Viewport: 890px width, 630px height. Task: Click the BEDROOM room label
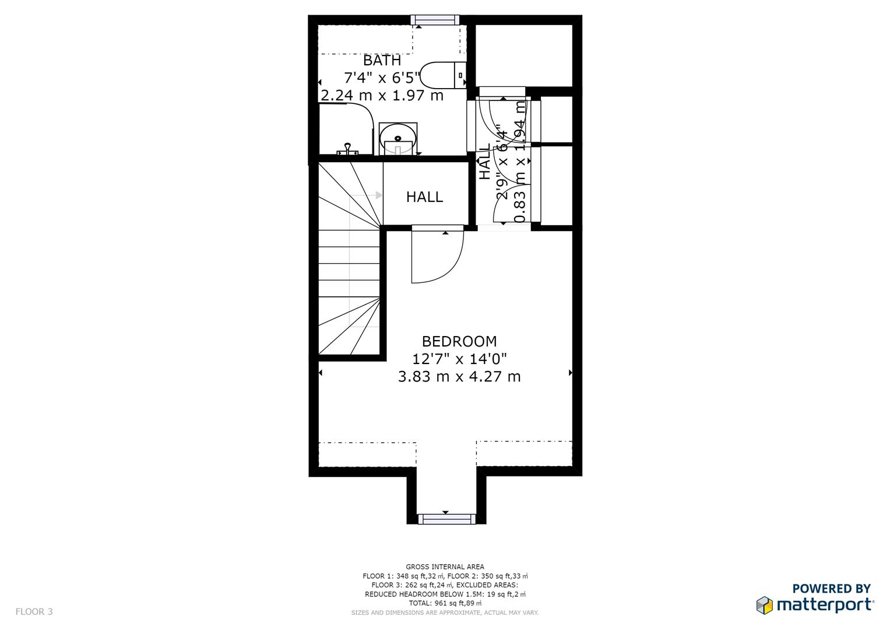point(459,341)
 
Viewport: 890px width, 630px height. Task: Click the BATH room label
point(382,61)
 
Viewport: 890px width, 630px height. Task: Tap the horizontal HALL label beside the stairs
point(424,197)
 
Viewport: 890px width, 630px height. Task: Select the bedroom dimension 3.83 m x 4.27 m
point(459,377)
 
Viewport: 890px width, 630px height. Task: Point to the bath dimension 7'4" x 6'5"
point(382,78)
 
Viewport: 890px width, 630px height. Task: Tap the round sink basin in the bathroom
point(397,139)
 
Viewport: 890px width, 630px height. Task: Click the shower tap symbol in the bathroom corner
point(347,149)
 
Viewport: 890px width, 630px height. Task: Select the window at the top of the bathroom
point(435,20)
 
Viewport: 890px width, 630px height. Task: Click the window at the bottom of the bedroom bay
point(446,519)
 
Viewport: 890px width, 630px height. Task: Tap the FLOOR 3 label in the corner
point(34,612)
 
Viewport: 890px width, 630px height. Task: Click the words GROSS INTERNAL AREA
point(445,566)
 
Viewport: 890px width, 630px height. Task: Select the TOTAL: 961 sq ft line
point(445,603)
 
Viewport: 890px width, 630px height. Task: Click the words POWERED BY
point(831,589)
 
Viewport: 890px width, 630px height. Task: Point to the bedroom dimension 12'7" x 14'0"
point(459,359)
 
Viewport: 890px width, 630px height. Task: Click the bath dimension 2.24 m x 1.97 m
point(382,95)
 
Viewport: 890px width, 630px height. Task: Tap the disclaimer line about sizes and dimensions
point(445,612)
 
